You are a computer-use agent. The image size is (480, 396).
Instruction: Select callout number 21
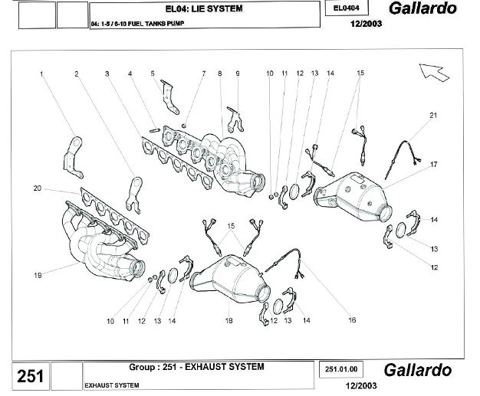pos(433,115)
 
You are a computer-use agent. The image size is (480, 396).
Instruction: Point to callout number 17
pos(433,165)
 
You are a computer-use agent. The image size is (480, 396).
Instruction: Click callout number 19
pos(37,274)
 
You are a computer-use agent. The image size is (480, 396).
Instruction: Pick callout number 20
pos(37,188)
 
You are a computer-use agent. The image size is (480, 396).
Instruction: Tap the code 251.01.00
pos(342,368)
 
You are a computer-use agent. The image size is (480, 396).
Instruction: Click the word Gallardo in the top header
pos(422,8)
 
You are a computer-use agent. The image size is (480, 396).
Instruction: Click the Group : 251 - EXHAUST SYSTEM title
pos(196,367)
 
